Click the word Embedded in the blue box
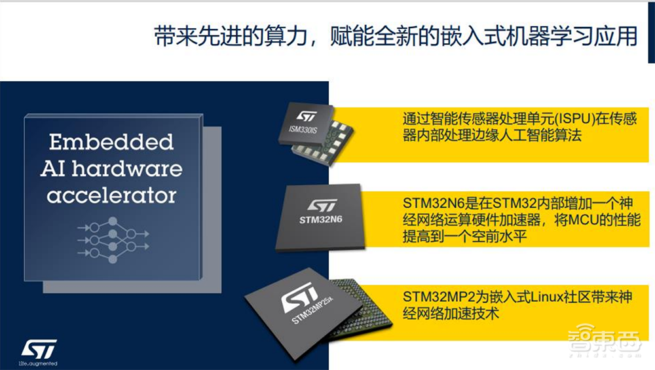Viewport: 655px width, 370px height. pos(111,142)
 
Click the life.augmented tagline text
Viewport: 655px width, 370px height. pos(39,363)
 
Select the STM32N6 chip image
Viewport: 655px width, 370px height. pos(320,217)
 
